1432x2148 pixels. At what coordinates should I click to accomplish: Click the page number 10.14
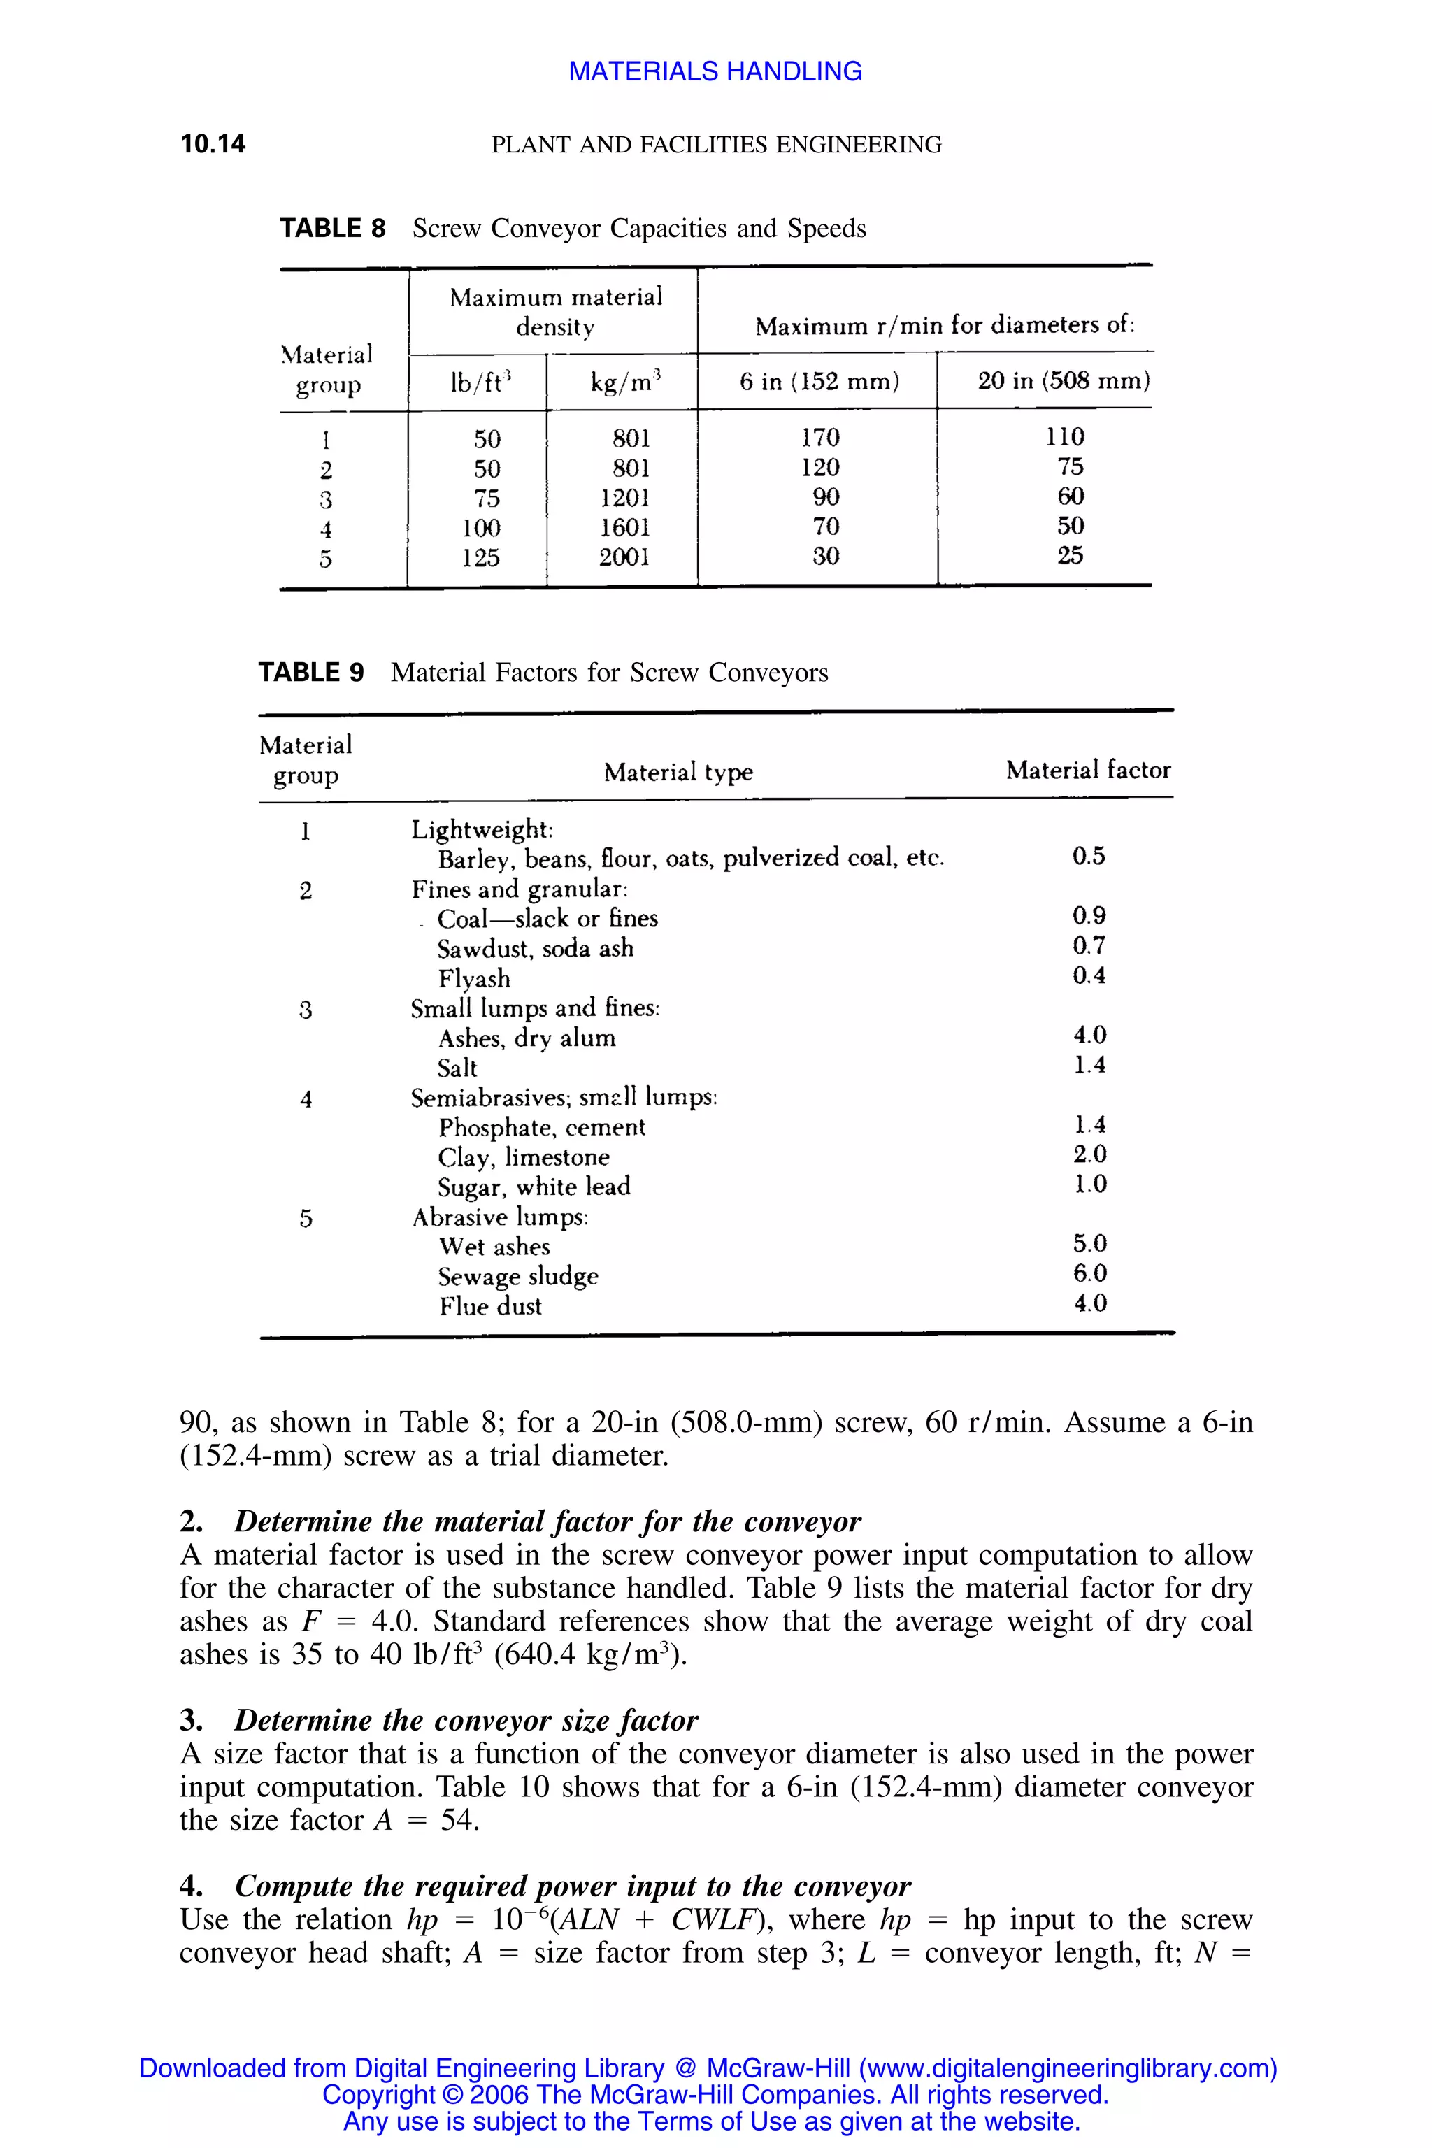pos(213,144)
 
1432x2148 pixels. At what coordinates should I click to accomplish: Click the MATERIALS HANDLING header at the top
pos(715,71)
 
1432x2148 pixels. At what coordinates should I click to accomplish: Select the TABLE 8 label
pos(332,229)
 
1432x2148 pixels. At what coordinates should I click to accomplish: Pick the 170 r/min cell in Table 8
pos(820,438)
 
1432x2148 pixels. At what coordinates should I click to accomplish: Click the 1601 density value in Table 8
pos(624,527)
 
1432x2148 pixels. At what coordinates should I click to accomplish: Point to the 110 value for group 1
pos(1065,436)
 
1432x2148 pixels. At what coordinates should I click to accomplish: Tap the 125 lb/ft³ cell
pos(480,557)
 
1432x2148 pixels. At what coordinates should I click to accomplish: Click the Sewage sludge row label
pos(518,1276)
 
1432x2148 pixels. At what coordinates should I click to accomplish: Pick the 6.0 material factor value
pos(1089,1273)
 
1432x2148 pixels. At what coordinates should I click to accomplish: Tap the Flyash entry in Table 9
pos(474,979)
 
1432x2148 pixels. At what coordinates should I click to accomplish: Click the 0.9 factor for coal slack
pos(1089,916)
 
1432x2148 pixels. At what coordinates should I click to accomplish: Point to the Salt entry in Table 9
pos(457,1068)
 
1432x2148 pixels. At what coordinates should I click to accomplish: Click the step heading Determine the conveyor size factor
pos(466,1721)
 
